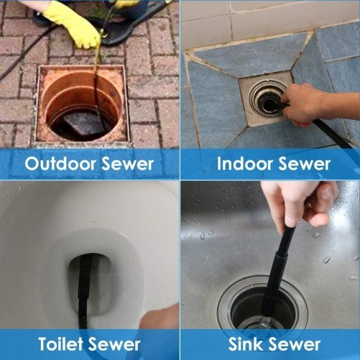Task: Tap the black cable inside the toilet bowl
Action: pyautogui.click(x=86, y=295)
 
